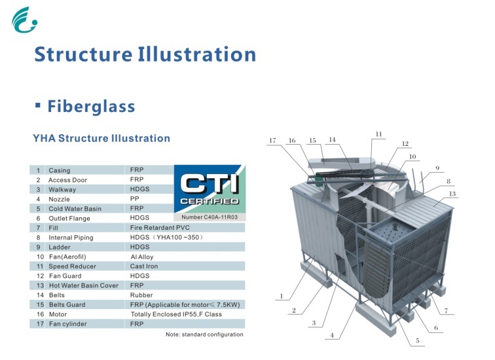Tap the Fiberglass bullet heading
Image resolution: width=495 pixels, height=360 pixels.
[x=91, y=106]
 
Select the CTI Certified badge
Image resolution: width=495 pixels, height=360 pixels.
[x=210, y=189]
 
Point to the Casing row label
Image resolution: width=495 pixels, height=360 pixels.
[x=60, y=170]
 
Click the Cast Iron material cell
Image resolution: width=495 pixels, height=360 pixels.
[x=145, y=266]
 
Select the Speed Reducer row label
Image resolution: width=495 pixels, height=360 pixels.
[x=72, y=266]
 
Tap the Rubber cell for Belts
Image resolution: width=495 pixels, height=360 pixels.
[x=141, y=295]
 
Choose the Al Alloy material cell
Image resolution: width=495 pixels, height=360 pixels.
[x=143, y=257]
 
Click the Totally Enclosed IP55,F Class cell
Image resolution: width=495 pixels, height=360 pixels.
[x=176, y=314]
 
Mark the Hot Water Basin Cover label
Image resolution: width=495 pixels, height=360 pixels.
[x=83, y=285]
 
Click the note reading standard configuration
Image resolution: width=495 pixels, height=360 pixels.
[x=204, y=334]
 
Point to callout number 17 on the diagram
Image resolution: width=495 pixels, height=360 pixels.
[x=272, y=140]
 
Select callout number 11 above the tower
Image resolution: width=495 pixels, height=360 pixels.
[x=378, y=134]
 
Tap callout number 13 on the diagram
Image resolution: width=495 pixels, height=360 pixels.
[x=452, y=194]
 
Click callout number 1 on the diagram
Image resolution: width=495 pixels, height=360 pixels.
[x=282, y=296]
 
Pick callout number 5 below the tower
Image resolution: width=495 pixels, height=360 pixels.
[x=417, y=340]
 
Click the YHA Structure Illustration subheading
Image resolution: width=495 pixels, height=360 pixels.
[x=101, y=138]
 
